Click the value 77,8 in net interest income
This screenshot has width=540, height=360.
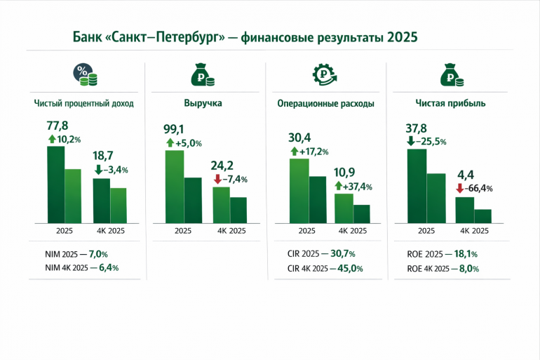tap(58, 126)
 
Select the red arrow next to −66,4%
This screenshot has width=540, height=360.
tap(459, 188)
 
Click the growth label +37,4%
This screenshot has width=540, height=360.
tap(356, 187)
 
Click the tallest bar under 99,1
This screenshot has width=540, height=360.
tap(175, 186)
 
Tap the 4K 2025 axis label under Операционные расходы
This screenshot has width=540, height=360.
tap(352, 231)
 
